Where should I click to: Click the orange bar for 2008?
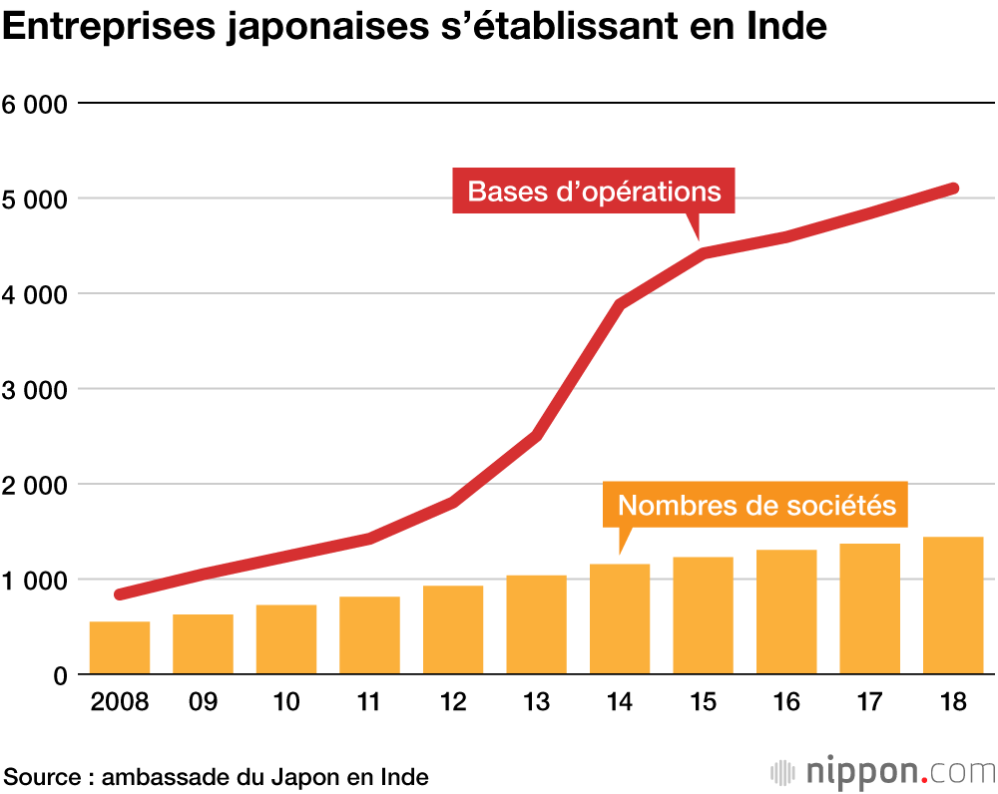[120, 647]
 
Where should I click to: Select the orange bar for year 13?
[536, 624]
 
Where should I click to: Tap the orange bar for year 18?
[953, 605]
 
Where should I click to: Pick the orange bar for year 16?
[786, 611]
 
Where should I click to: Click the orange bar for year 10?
[286, 639]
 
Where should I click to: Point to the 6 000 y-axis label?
[35, 104]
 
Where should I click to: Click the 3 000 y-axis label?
[35, 390]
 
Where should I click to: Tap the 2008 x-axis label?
[119, 703]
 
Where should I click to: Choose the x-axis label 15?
[703, 703]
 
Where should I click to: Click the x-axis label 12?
[452, 703]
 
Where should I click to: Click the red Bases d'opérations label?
[594, 191]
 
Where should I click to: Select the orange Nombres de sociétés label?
[756, 505]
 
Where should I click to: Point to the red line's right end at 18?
[953, 189]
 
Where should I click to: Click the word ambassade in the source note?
[166, 777]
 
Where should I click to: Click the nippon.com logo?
[883, 772]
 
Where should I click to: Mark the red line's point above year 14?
[620, 305]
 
